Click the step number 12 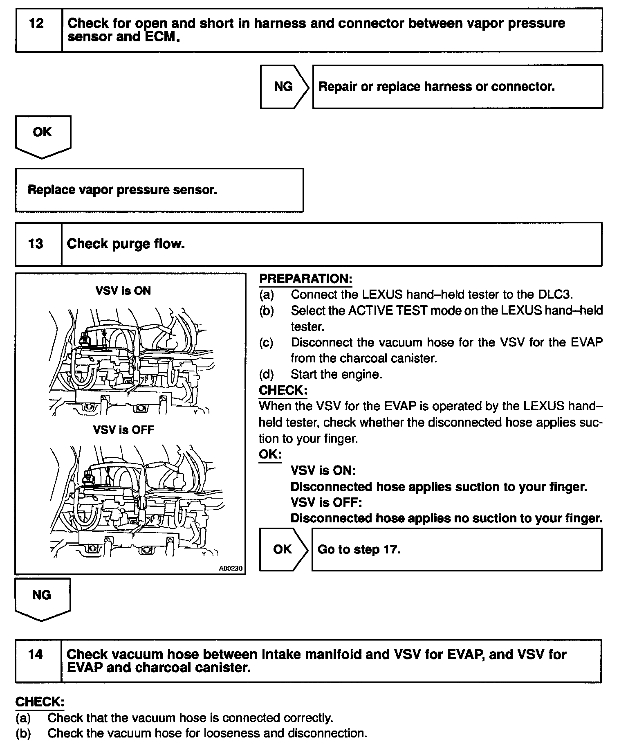click(36, 23)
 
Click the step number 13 click(36, 244)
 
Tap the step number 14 click(36, 654)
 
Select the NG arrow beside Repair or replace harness click(284, 87)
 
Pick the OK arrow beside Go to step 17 click(283, 549)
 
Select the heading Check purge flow click(126, 244)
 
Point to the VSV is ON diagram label click(123, 291)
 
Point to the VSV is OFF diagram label click(123, 430)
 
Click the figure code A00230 click(231, 568)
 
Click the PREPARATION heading click(305, 279)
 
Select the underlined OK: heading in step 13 click(270, 454)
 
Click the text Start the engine click(336, 374)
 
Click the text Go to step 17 click(359, 549)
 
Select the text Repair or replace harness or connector click(436, 87)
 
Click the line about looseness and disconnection click(207, 733)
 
